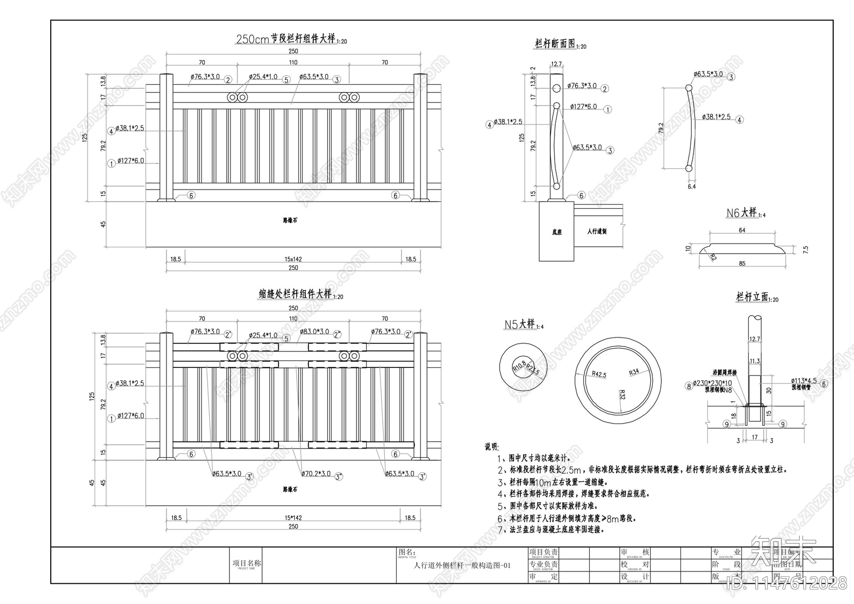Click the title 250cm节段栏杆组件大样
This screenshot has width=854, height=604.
[x=286, y=38]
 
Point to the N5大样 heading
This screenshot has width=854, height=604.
[x=520, y=324]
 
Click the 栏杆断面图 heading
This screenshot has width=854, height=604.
[x=556, y=44]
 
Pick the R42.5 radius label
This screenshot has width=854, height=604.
[x=599, y=374]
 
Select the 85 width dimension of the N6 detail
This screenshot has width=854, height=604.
[x=742, y=263]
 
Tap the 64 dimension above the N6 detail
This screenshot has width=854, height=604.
[x=742, y=230]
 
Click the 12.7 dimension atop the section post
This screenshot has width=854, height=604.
[x=556, y=64]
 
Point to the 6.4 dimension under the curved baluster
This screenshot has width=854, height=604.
[x=692, y=187]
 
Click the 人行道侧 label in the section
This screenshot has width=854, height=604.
[x=597, y=231]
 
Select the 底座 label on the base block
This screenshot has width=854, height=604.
[x=557, y=232]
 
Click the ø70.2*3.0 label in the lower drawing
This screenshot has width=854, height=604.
[x=315, y=473]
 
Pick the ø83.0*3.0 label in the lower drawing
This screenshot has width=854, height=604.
[x=315, y=332]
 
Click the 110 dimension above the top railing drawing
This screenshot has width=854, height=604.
[x=293, y=62]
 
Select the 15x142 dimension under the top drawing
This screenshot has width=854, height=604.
[x=293, y=259]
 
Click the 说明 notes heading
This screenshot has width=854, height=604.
[x=491, y=446]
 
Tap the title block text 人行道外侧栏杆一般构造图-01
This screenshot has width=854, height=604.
[x=462, y=565]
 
